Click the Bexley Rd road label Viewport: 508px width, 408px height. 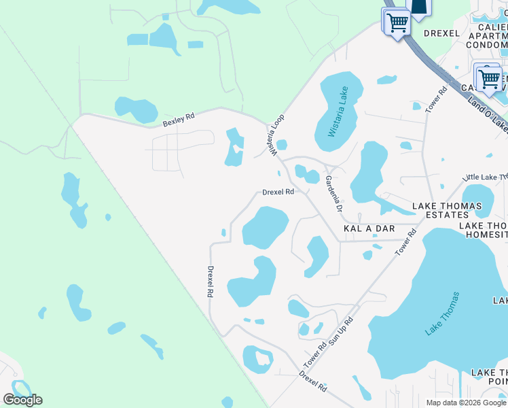click(x=179, y=120)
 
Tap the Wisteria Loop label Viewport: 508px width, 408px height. click(x=277, y=136)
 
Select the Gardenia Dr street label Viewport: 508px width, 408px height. click(x=333, y=194)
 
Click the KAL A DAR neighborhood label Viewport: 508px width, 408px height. click(x=369, y=229)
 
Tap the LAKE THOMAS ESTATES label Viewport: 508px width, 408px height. click(x=447, y=210)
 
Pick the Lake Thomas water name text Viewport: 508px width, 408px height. click(x=443, y=313)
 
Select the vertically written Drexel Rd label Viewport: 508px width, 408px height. click(x=211, y=281)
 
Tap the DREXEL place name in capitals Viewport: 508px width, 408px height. click(x=443, y=33)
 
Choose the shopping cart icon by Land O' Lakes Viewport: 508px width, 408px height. click(x=488, y=79)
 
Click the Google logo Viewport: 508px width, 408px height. click(x=23, y=399)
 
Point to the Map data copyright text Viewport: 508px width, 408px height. click(x=466, y=403)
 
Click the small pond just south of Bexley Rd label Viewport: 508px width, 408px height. click(x=137, y=108)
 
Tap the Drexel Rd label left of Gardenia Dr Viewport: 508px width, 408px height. click(x=278, y=192)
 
